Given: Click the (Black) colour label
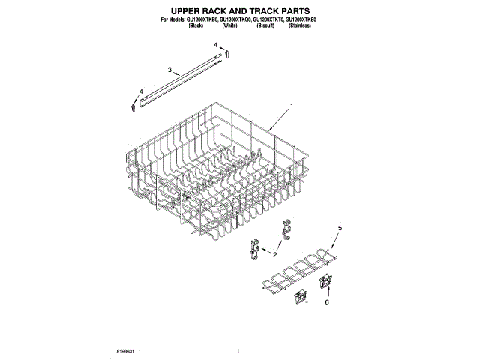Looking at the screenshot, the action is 196,25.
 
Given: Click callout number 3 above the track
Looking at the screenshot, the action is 170,70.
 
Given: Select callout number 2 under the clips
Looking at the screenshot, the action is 274,255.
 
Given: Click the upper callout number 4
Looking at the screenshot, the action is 216,46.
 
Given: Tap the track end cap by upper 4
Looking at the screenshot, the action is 229,55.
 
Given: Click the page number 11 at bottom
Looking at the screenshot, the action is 239,351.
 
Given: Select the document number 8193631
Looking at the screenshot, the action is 126,351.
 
